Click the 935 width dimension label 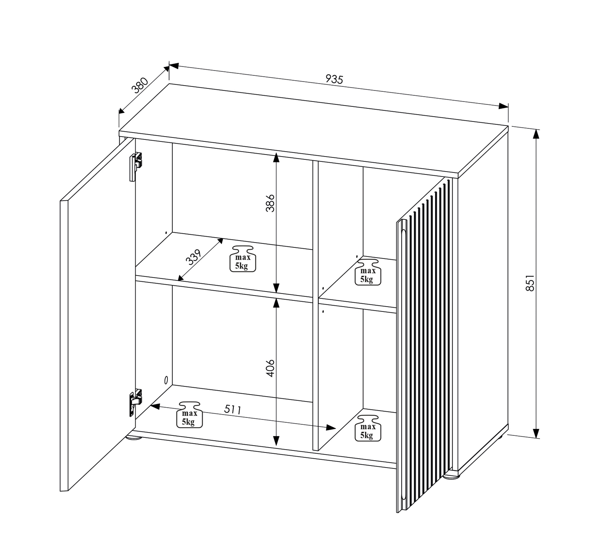click(x=334, y=79)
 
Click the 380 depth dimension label click(x=140, y=85)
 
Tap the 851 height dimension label click(x=530, y=283)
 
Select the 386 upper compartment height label click(x=270, y=203)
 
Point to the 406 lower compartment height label click(x=270, y=369)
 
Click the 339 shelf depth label click(x=194, y=257)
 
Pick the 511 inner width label click(x=233, y=410)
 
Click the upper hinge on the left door click(x=136, y=166)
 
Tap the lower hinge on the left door click(x=135, y=402)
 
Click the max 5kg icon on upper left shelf click(x=242, y=259)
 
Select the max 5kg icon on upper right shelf click(x=368, y=272)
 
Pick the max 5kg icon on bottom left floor click(x=189, y=415)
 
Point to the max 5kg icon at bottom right click(x=368, y=428)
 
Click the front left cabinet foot click(x=134, y=438)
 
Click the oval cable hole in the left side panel click(x=166, y=380)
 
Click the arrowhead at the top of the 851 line click(x=536, y=134)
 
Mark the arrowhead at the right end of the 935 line click(x=503, y=106)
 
